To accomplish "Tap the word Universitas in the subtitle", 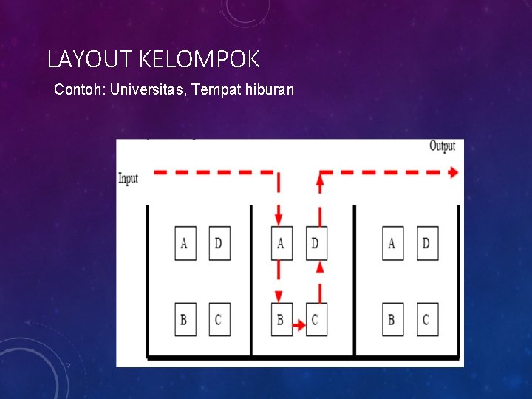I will coord(148,89).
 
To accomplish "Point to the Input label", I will coord(129,179).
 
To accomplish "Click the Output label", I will coord(442,146).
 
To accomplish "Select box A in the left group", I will coord(185,243).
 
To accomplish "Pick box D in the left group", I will coord(219,243).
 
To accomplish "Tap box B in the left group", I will coord(185,320).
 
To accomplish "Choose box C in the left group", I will coord(219,320).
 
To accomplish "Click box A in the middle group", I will coord(281,243).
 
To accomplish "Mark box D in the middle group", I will coord(316,243).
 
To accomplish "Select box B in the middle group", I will coord(281,320).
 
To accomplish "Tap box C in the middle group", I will coord(316,320).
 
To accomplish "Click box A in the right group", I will coord(392,243).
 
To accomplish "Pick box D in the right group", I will coord(427,243).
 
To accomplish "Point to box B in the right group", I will coord(392,320).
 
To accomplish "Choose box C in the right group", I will coord(427,320).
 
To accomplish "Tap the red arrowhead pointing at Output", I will coord(452,172).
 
